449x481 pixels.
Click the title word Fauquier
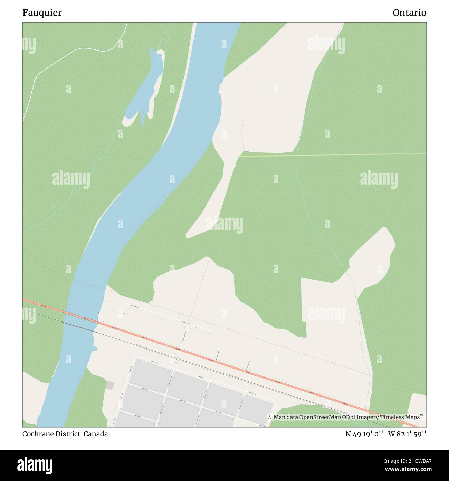42,13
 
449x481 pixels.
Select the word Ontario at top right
409,13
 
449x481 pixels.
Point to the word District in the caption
68,434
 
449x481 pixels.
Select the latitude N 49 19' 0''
364,434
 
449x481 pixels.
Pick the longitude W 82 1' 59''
407,434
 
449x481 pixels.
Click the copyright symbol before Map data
270,417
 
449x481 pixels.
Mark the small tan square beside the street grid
110,385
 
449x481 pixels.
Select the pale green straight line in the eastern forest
332,155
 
